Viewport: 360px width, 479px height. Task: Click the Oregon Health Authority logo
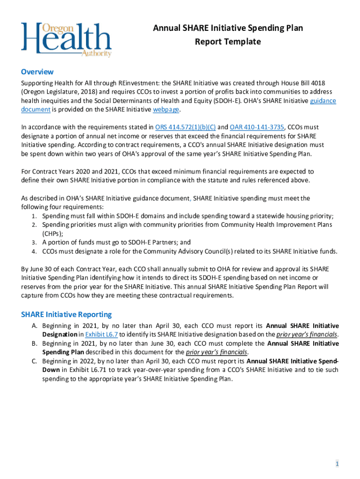point(66,39)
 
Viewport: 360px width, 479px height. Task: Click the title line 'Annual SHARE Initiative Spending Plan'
point(228,28)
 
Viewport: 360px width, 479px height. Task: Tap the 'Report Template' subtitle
point(228,42)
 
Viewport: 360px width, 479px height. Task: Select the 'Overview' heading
point(37,72)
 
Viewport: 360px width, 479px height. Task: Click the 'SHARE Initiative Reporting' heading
point(66,314)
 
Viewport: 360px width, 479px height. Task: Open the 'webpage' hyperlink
point(166,109)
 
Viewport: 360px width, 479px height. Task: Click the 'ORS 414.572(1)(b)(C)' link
point(186,127)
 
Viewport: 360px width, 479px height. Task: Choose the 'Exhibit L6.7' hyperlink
point(101,334)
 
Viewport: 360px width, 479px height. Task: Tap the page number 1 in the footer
point(336,464)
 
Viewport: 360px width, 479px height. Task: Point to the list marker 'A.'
point(35,326)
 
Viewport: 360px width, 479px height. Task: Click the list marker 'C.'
point(35,361)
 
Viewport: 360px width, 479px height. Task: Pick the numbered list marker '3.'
point(35,242)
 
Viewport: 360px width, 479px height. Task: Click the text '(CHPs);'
point(53,233)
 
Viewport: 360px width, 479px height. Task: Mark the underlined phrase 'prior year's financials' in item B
point(216,352)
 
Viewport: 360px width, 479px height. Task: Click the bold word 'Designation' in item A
point(60,334)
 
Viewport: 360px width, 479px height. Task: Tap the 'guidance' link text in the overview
point(323,101)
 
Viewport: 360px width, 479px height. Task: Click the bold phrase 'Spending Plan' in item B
point(63,352)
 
